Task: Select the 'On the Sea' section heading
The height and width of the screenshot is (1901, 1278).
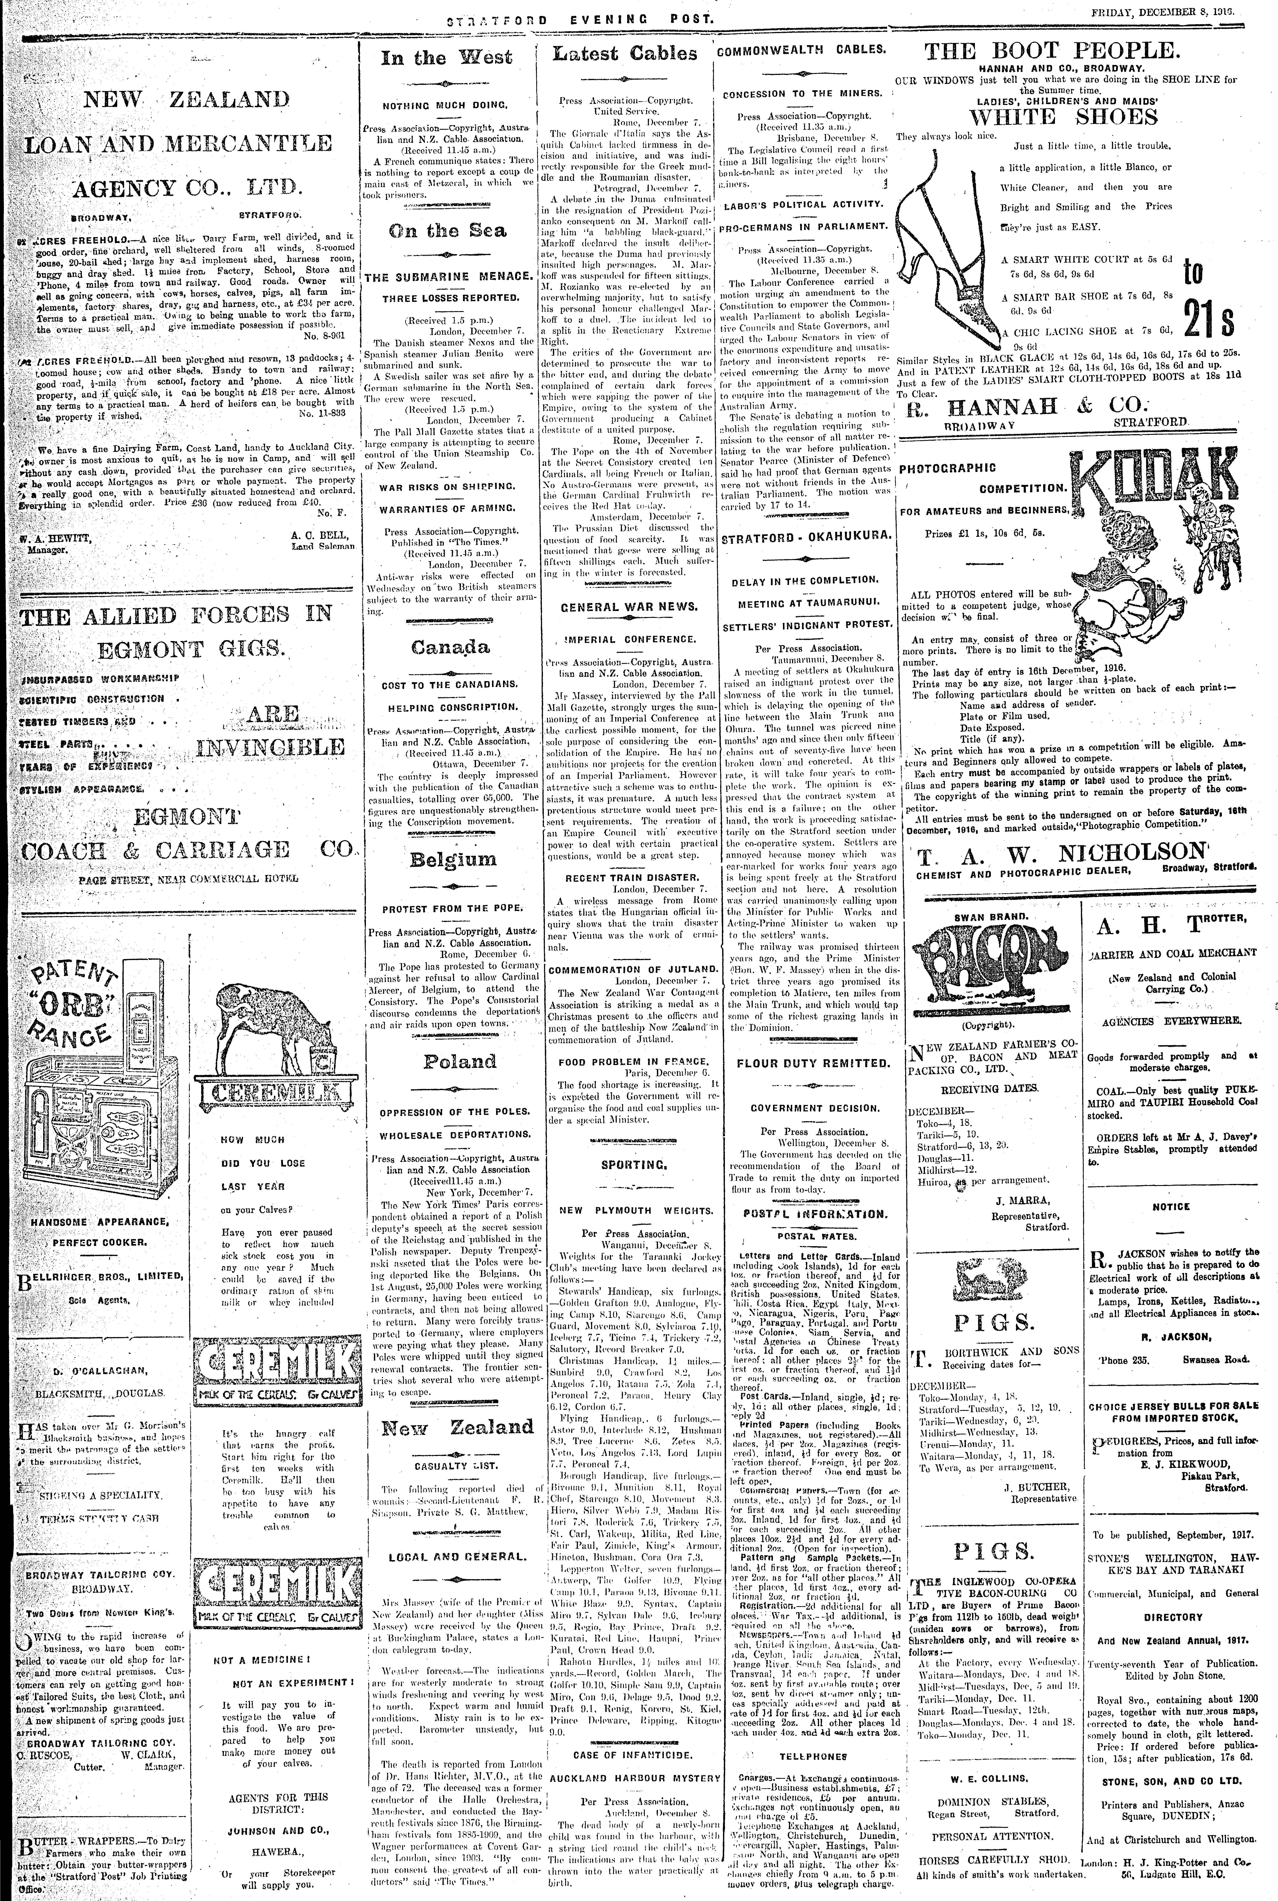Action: (447, 231)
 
